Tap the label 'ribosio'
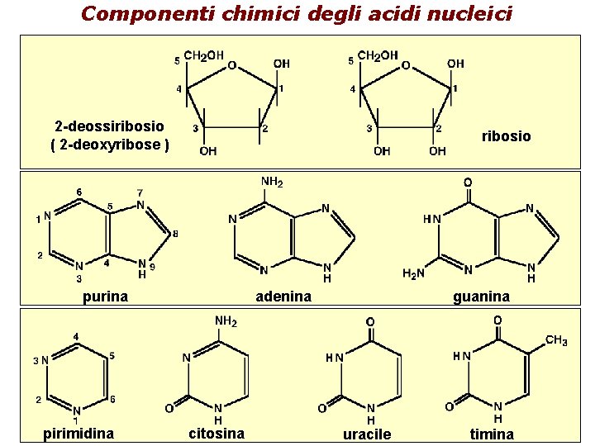coord(507,135)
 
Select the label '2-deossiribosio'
coord(109,126)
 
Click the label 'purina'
coord(105,297)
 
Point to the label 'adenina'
coord(283,297)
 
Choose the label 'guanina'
coord(481,297)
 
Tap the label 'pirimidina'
coord(79,434)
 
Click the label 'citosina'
coord(217,434)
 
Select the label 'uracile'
coord(367,434)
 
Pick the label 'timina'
coord(492,434)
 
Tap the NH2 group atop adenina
coord(272,182)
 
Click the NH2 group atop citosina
coord(226,321)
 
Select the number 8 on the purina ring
coord(174,234)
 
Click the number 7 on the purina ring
coord(140,193)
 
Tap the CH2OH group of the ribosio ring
coord(378,56)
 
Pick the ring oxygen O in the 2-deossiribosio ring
coord(232,64)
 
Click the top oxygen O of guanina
coord(468,183)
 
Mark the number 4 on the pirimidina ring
coord(76,336)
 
